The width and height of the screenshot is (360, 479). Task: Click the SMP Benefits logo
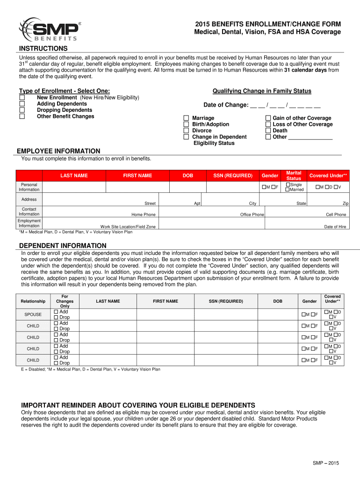[49, 29]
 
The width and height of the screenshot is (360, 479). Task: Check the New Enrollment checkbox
[22, 97]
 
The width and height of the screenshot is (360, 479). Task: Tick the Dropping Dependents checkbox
[22, 110]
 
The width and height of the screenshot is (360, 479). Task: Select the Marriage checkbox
[187, 118]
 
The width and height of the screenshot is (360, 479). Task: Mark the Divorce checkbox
[187, 131]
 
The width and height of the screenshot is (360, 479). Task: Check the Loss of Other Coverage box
[268, 124]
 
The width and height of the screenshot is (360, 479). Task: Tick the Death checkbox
[268, 131]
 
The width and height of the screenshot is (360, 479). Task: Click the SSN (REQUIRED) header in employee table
[233, 176]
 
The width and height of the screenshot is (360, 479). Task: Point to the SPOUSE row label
[33, 314]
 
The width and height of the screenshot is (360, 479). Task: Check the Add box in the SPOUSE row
[56, 312]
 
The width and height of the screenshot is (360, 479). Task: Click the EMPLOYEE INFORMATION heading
[58, 151]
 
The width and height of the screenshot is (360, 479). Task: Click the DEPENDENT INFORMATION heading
[62, 246]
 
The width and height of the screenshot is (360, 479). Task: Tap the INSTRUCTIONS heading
[43, 49]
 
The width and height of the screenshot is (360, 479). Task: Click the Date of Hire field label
[335, 227]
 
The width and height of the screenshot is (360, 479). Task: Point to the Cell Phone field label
[336, 215]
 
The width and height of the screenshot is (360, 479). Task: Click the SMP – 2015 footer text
[325, 463]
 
